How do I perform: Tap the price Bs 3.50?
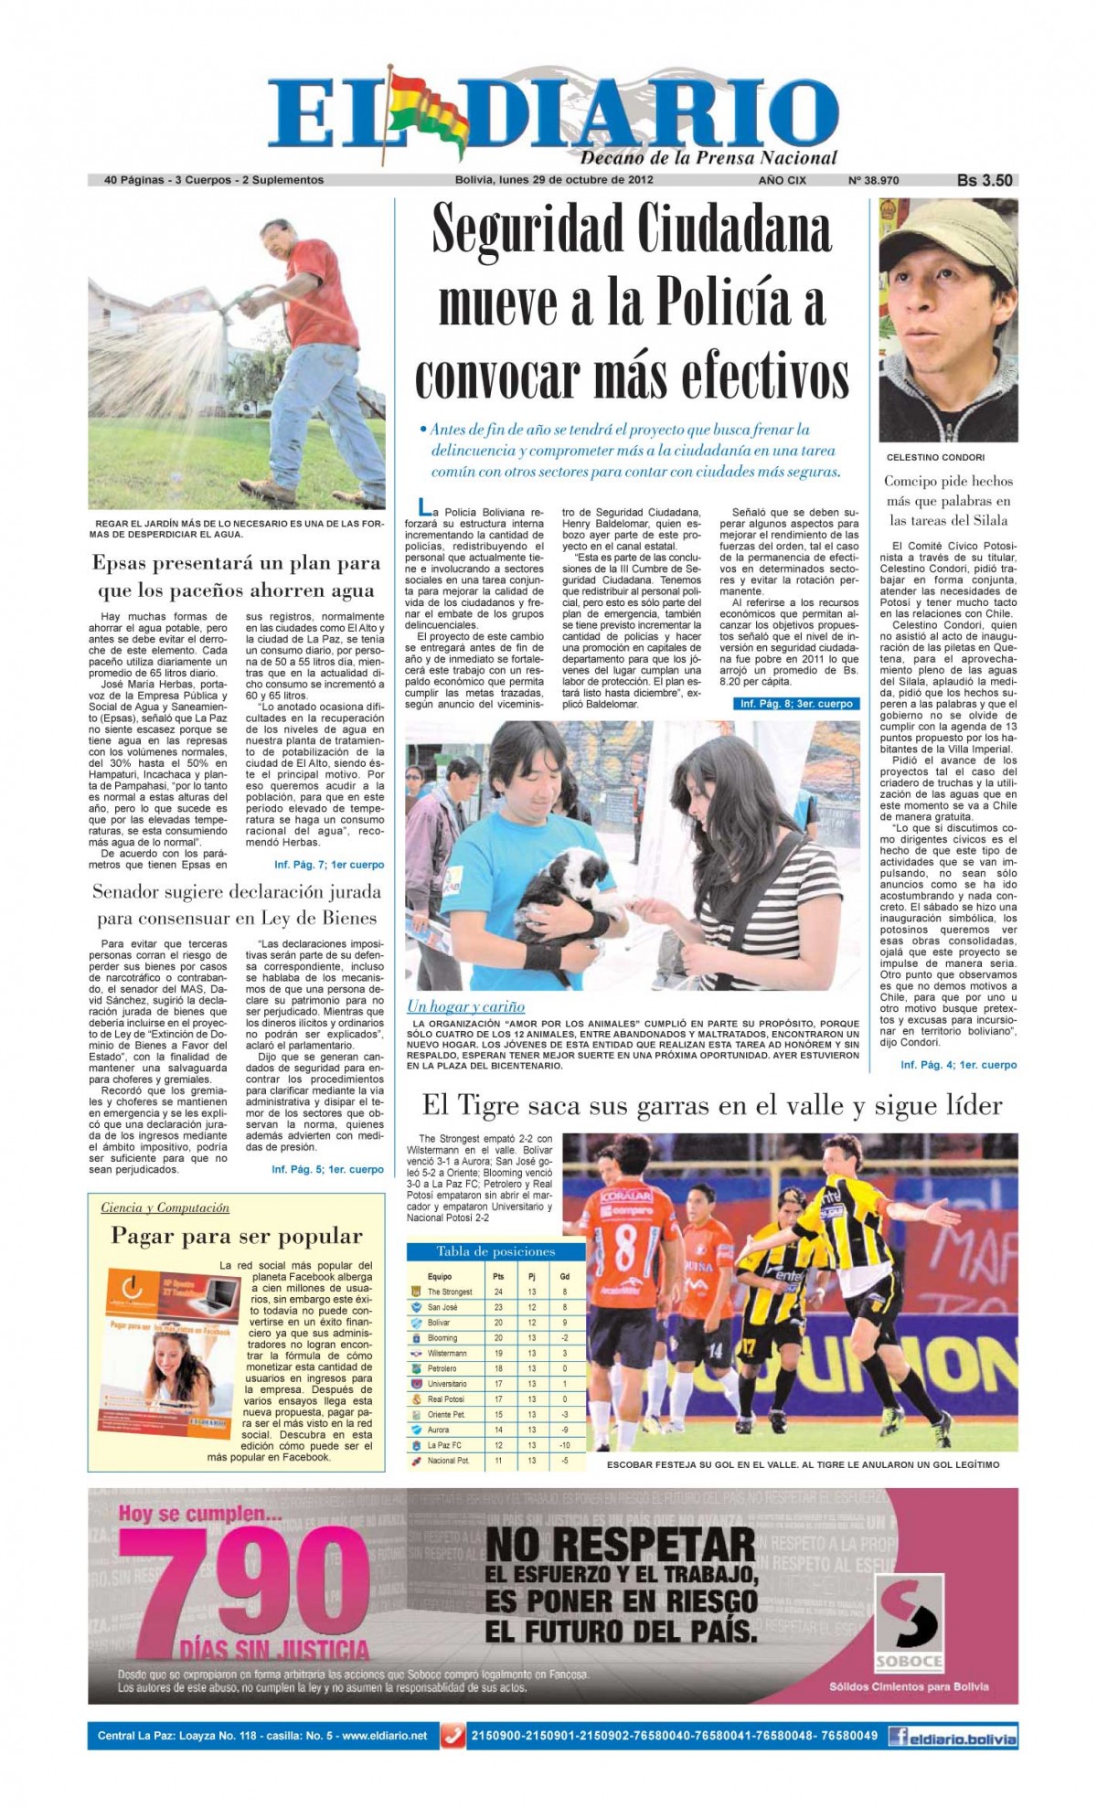[984, 180]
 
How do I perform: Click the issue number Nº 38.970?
[873, 180]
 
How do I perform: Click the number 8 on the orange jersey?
[625, 1247]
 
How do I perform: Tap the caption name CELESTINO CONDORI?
[935, 457]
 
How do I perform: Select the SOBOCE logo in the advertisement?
[909, 1622]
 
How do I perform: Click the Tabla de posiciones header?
[495, 1251]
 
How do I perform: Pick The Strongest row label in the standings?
[450, 1292]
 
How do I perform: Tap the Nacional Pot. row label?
[448, 1461]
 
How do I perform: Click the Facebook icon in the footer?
[899, 1736]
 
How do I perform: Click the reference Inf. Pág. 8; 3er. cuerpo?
[795, 704]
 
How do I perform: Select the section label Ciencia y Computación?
[165, 1207]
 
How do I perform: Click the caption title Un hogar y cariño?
[465, 1006]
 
